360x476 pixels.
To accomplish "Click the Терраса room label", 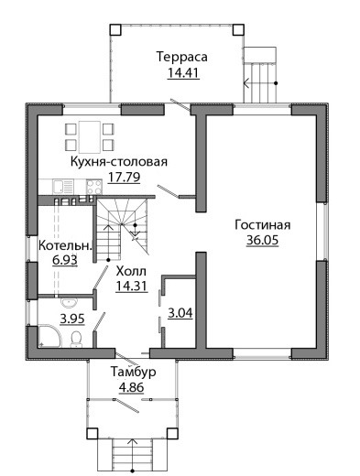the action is coord(181,57).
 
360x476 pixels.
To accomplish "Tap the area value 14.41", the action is coord(183,73).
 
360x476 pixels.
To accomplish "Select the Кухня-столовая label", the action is coord(119,161).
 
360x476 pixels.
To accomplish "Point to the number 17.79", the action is coord(124,177).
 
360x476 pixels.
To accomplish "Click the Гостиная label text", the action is coord(263,225).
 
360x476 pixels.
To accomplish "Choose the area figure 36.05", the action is coord(263,240).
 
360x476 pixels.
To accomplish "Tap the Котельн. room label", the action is coord(65,245).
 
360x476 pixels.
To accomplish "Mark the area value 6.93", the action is coord(65,260).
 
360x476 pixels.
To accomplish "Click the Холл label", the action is coord(131,271).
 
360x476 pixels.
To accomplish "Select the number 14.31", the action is coord(131,286).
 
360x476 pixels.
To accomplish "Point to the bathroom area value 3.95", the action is coord(72,319).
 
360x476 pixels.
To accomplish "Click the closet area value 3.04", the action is coord(180,313).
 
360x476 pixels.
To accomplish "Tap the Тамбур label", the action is coord(133,372).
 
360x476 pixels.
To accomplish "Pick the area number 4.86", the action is coord(131,387).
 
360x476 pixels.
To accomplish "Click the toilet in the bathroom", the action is coord(76,340).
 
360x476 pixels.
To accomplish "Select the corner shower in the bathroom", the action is coord(49,336).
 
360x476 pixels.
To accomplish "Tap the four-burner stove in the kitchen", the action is coord(94,187).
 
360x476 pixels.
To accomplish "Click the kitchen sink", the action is coord(63,187).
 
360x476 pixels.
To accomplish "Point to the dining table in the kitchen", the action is coord(90,137).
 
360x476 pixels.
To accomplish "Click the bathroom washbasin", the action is coord(70,303).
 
